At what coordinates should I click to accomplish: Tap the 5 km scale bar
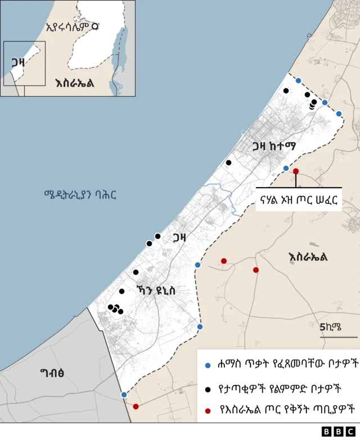tap(339, 337)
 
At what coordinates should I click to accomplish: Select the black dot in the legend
tap(208, 388)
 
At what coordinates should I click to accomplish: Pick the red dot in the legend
tap(208, 411)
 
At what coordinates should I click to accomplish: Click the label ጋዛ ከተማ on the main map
tap(274, 147)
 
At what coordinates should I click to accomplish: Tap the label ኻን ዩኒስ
tap(156, 290)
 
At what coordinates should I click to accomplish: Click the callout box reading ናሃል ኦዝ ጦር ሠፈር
tap(299, 201)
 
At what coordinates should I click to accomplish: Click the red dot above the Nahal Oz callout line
tap(296, 171)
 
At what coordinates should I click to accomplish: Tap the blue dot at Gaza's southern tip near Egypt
tap(124, 394)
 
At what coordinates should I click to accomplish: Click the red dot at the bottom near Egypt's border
tap(136, 406)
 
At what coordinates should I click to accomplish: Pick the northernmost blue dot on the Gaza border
tap(298, 80)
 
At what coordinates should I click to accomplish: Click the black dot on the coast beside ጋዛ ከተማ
tap(228, 162)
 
